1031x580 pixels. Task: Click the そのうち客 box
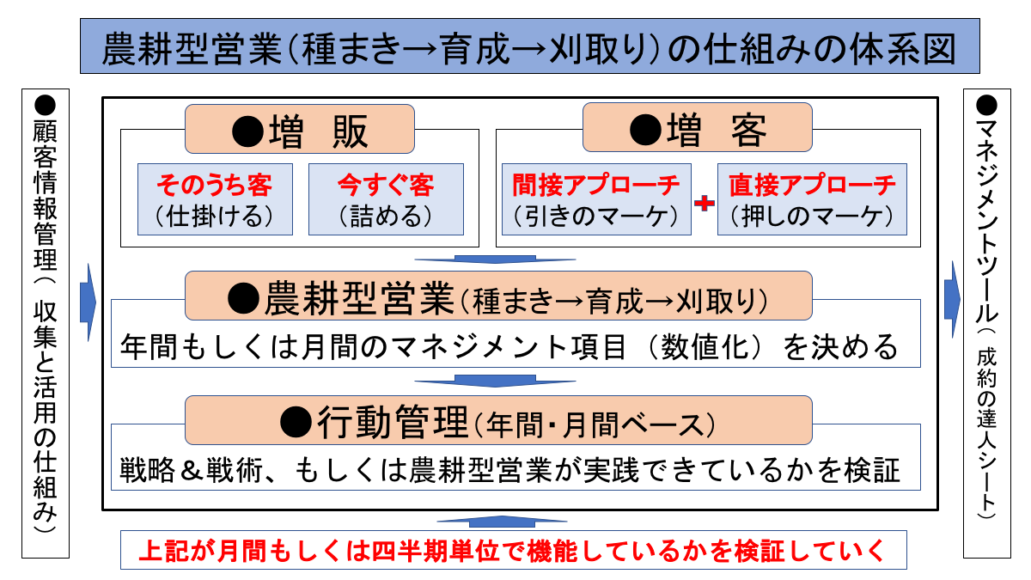point(215,198)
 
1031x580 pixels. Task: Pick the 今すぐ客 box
point(386,198)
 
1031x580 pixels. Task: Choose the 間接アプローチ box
point(596,198)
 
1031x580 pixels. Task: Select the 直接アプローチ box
point(812,198)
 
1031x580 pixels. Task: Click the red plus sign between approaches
point(705,204)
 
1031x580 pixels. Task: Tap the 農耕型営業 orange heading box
point(498,296)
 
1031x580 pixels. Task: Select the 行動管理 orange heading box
point(498,420)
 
